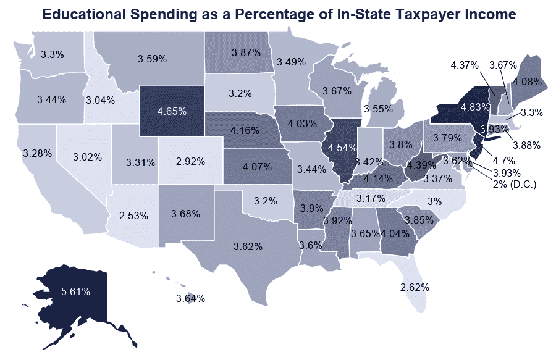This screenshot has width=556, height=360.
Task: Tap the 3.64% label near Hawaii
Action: (x=190, y=299)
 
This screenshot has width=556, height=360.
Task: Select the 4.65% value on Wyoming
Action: (x=172, y=112)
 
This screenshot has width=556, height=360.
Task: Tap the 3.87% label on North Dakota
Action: (x=246, y=53)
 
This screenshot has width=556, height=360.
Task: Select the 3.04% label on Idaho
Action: (x=101, y=99)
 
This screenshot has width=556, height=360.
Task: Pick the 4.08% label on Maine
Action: (x=526, y=81)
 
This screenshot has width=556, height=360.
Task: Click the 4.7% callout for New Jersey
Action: (x=500, y=159)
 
